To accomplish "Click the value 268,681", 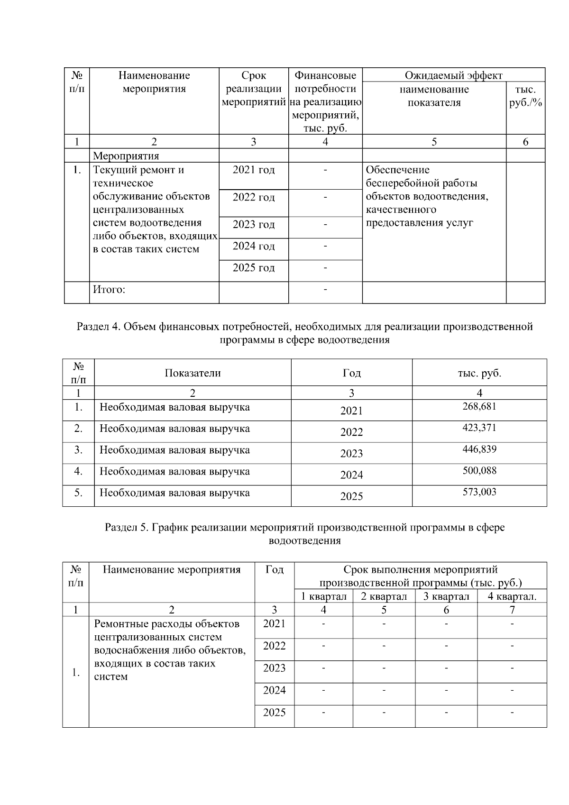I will tap(479, 406).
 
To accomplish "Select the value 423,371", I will tap(479, 428).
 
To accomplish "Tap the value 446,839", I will tap(479, 449).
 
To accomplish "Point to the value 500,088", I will tap(479, 470).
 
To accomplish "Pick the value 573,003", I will tap(479, 492).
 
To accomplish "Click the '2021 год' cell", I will tap(254, 170).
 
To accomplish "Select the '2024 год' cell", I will tap(254, 246).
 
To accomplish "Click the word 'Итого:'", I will tap(109, 289).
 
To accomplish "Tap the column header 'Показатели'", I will tap(193, 373).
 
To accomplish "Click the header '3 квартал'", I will tap(446, 596).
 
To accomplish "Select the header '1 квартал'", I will tap(324, 596).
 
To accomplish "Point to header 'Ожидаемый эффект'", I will tap(453, 75).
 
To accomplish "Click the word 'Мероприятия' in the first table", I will tap(126, 156).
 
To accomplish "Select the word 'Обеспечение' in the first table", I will tap(398, 170).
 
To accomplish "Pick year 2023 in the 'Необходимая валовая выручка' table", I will tap(351, 454).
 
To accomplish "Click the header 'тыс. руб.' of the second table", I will tap(479, 373).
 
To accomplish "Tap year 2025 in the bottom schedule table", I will tap(274, 713).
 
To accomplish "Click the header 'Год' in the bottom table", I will tap(274, 570).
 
